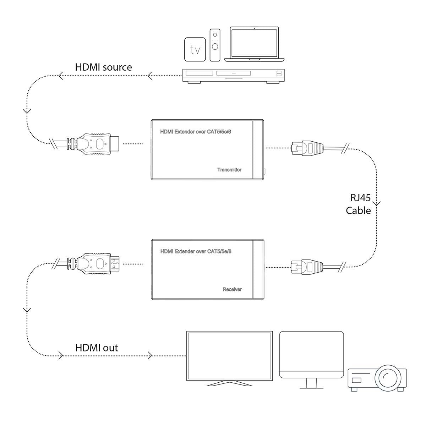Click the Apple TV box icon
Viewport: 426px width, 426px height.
coord(195,50)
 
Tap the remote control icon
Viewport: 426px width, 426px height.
coord(215,45)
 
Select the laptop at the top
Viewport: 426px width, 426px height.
coord(254,43)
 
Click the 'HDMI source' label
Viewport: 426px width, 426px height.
coord(103,67)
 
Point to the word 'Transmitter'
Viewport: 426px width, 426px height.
coord(229,170)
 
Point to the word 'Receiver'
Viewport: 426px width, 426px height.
coord(232,289)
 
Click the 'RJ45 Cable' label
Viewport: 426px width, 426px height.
coord(358,204)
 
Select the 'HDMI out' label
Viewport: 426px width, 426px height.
coord(97,348)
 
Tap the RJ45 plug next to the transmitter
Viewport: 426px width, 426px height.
coord(307,148)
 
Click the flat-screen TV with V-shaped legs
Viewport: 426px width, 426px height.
coord(229,357)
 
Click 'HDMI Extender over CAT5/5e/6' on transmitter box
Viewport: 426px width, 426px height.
coord(198,132)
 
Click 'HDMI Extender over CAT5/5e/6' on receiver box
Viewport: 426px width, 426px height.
coord(196,251)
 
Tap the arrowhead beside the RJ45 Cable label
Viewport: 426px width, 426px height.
coord(377,204)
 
